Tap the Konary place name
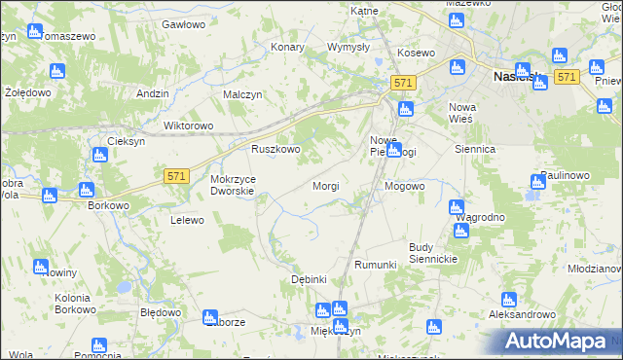pyautogui.click(x=288, y=47)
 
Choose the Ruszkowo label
pyautogui.click(x=275, y=150)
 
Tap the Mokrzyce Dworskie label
pyautogui.click(x=233, y=185)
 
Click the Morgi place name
pyautogui.click(x=325, y=185)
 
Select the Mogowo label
pyautogui.click(x=405, y=185)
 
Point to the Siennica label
pyautogui.click(x=476, y=150)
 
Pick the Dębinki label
pyautogui.click(x=309, y=279)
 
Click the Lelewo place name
pyautogui.click(x=187, y=220)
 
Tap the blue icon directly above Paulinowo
pyautogui.click(x=538, y=181)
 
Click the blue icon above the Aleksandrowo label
pyautogui.click(x=506, y=301)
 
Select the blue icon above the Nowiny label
pyautogui.click(x=41, y=266)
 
